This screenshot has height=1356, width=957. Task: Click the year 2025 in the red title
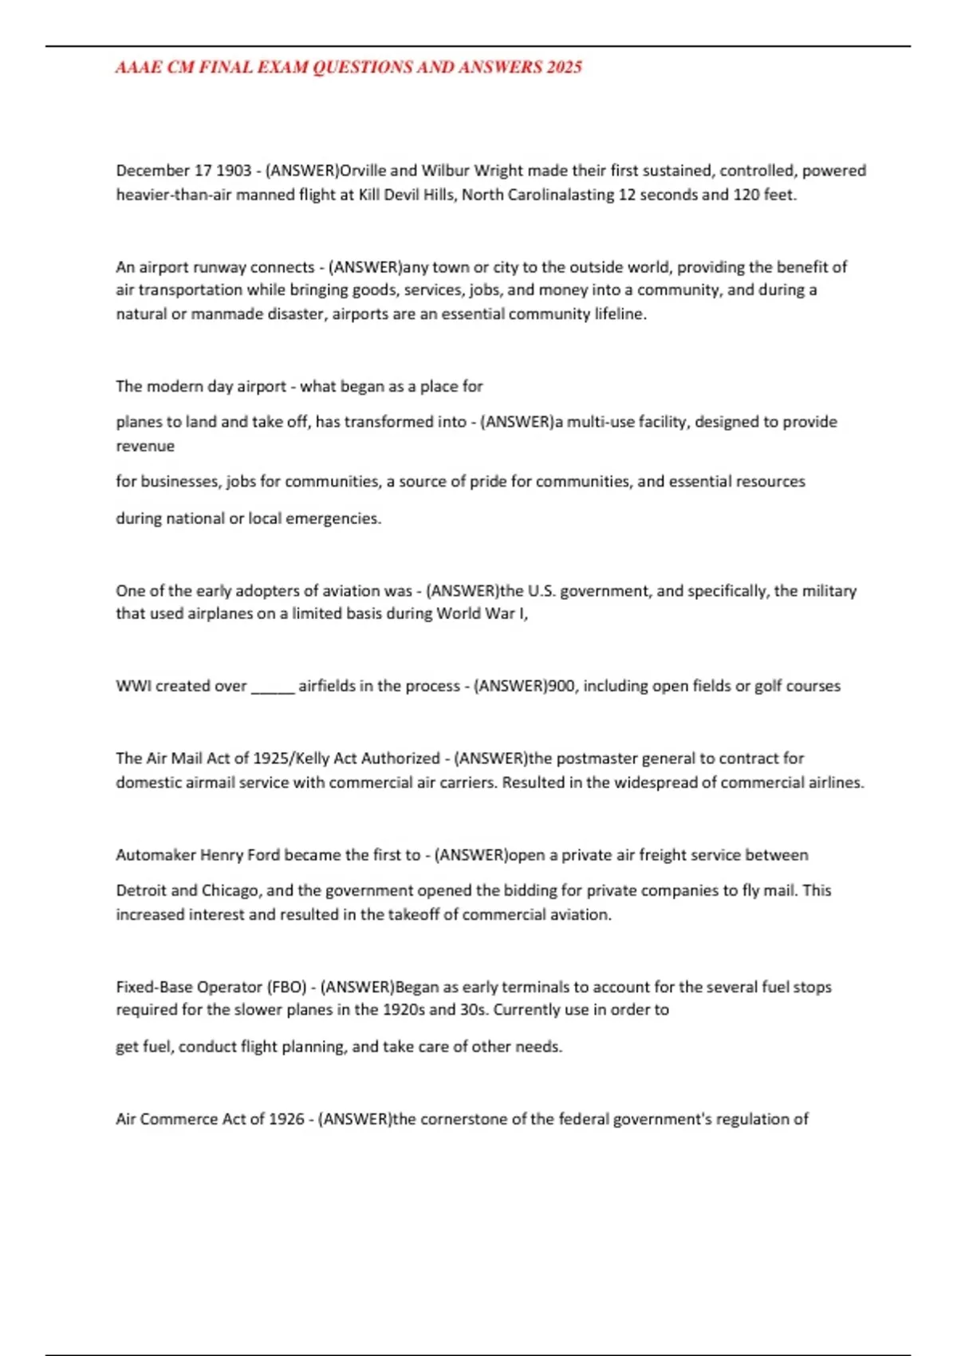point(564,67)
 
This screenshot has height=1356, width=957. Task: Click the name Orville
point(363,171)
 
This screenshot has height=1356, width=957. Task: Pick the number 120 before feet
point(746,195)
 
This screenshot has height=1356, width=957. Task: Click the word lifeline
point(620,314)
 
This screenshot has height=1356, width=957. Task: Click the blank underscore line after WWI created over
point(273,687)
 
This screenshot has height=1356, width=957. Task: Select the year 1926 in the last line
point(286,1119)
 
